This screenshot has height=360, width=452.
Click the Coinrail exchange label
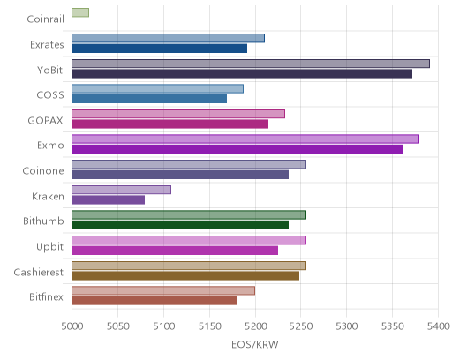(45, 19)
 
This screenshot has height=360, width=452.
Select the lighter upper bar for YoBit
(251, 64)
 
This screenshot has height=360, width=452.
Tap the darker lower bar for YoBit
(242, 73)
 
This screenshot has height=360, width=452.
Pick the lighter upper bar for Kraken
(121, 190)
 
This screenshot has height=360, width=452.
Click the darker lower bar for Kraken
(108, 200)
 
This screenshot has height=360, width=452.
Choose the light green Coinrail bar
(80, 12)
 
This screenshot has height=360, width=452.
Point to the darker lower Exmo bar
(237, 149)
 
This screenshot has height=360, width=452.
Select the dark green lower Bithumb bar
(180, 225)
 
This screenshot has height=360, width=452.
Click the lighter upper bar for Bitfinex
(163, 290)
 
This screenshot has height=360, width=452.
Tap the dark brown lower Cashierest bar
(185, 275)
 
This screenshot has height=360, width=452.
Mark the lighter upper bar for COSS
(157, 89)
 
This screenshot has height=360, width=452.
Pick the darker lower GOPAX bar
(169, 124)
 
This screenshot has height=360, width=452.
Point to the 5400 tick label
(438, 326)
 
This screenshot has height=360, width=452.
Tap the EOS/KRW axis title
(255, 344)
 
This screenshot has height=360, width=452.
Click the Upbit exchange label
(49, 246)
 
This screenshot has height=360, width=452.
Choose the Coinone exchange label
(43, 171)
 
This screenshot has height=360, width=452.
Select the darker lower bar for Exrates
(159, 49)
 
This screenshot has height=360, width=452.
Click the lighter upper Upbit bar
(189, 240)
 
